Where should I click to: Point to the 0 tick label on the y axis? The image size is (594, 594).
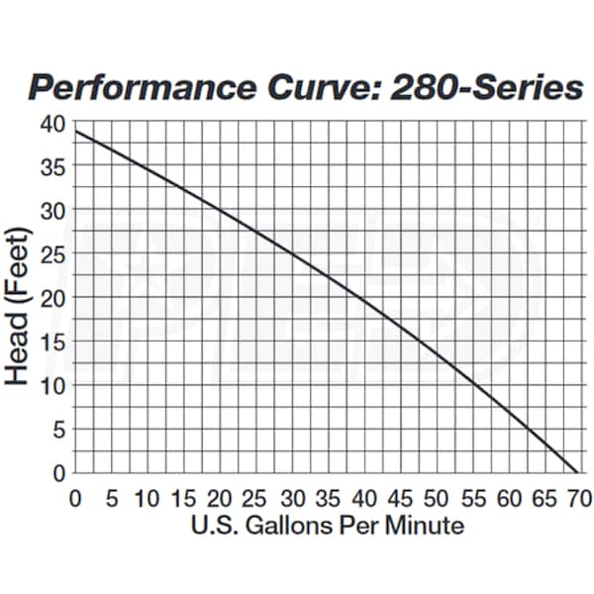coord(58,472)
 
